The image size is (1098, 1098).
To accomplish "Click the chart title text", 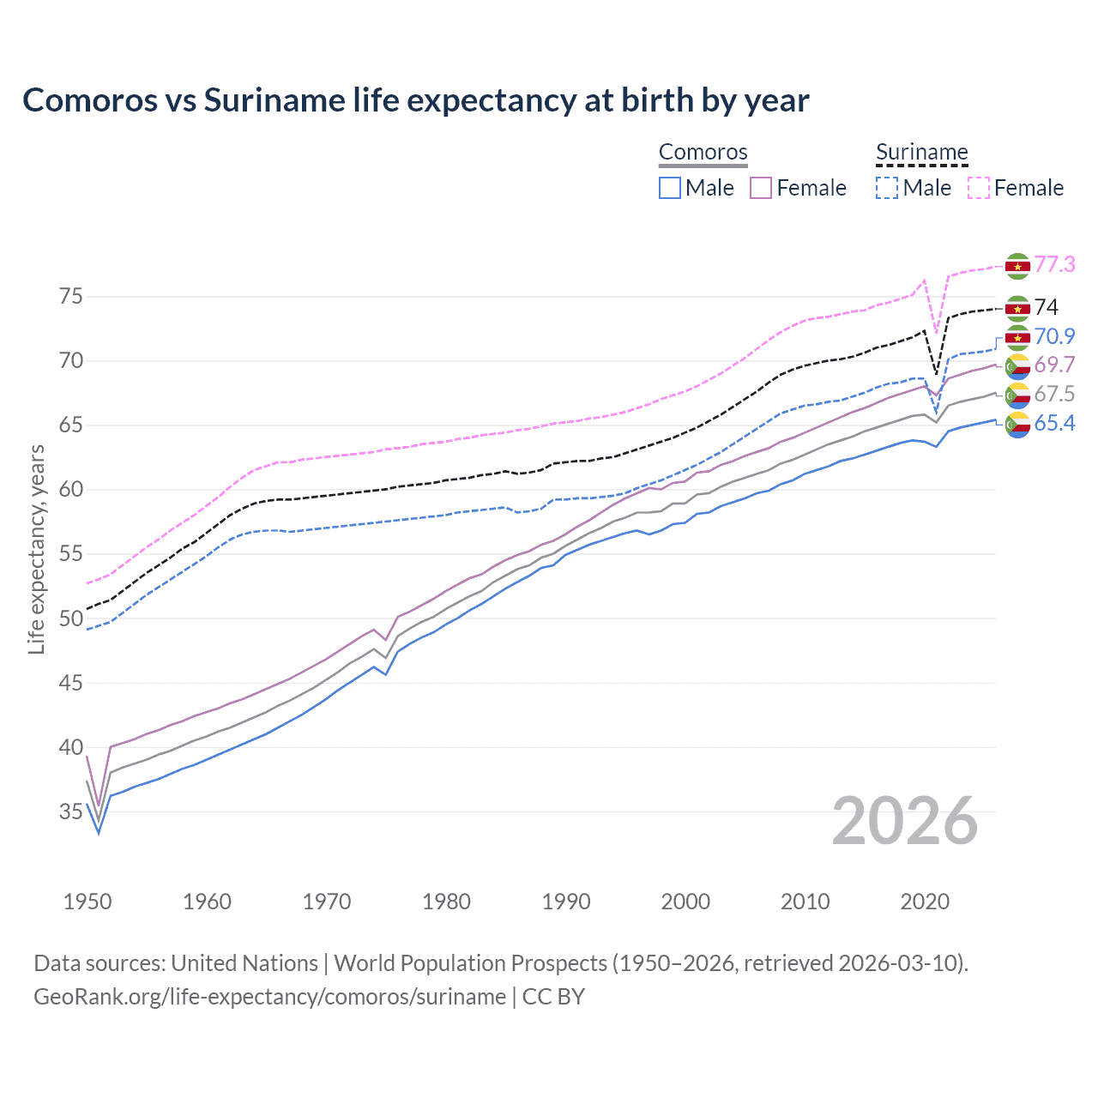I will click(x=415, y=100).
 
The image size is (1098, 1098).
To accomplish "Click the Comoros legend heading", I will click(x=703, y=153).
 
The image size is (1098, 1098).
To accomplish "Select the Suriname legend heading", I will click(x=921, y=153).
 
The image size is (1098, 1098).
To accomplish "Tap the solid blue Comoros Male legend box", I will click(x=670, y=188).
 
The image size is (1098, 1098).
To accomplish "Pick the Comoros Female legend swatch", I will click(x=761, y=188).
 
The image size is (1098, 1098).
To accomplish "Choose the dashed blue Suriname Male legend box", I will click(x=887, y=188).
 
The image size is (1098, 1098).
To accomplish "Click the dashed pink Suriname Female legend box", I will click(x=979, y=188).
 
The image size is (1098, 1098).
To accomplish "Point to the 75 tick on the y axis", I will click(x=71, y=297).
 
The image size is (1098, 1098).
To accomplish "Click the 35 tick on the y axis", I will click(x=71, y=811).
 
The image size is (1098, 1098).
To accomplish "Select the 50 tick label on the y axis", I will click(x=71, y=618).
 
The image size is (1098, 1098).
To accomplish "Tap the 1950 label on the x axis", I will click(x=87, y=902).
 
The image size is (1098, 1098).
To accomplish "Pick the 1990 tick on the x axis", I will click(x=566, y=902).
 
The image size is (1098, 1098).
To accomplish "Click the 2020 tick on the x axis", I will click(x=925, y=902).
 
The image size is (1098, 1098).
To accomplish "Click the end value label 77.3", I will click(x=1054, y=264).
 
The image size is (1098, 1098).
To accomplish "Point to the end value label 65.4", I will click(x=1054, y=423).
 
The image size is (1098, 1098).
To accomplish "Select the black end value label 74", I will click(x=1046, y=307).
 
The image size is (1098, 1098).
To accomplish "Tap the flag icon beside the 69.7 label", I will click(x=1017, y=366).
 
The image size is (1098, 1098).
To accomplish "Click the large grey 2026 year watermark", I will click(x=904, y=821).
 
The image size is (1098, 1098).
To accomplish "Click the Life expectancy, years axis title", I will click(x=36, y=549).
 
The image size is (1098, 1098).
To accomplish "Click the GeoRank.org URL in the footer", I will click(x=269, y=997).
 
